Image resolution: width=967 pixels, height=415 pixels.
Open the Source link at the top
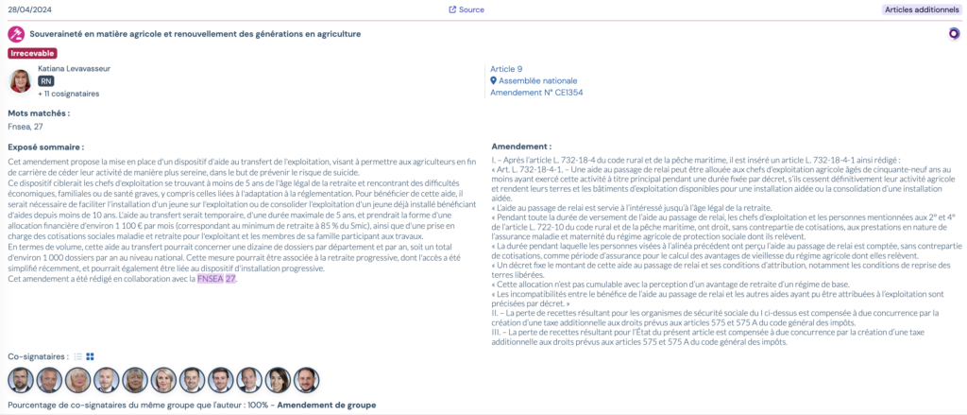(467, 9)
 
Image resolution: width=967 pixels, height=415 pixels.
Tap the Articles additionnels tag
(921, 9)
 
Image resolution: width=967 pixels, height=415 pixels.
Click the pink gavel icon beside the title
(15, 34)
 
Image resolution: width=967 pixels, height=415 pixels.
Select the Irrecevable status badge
(32, 53)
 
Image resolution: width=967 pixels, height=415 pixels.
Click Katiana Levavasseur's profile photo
(20, 80)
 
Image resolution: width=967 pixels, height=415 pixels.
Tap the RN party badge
(46, 81)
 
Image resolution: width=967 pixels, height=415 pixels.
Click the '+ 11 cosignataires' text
(68, 95)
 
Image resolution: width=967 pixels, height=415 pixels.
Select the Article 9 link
(506, 69)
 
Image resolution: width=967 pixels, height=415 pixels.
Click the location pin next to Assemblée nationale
(493, 81)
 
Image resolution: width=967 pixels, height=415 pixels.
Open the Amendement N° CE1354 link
(536, 93)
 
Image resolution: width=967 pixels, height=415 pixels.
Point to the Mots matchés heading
(39, 113)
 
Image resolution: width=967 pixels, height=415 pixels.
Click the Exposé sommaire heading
(45, 147)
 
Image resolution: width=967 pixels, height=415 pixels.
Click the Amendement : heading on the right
(522, 147)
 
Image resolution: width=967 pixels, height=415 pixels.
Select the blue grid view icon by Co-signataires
(91, 356)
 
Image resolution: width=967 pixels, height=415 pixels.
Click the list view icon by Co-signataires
(78, 356)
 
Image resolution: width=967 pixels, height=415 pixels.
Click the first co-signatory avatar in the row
(20, 380)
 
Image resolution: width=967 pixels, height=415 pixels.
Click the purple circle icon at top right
(954, 34)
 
